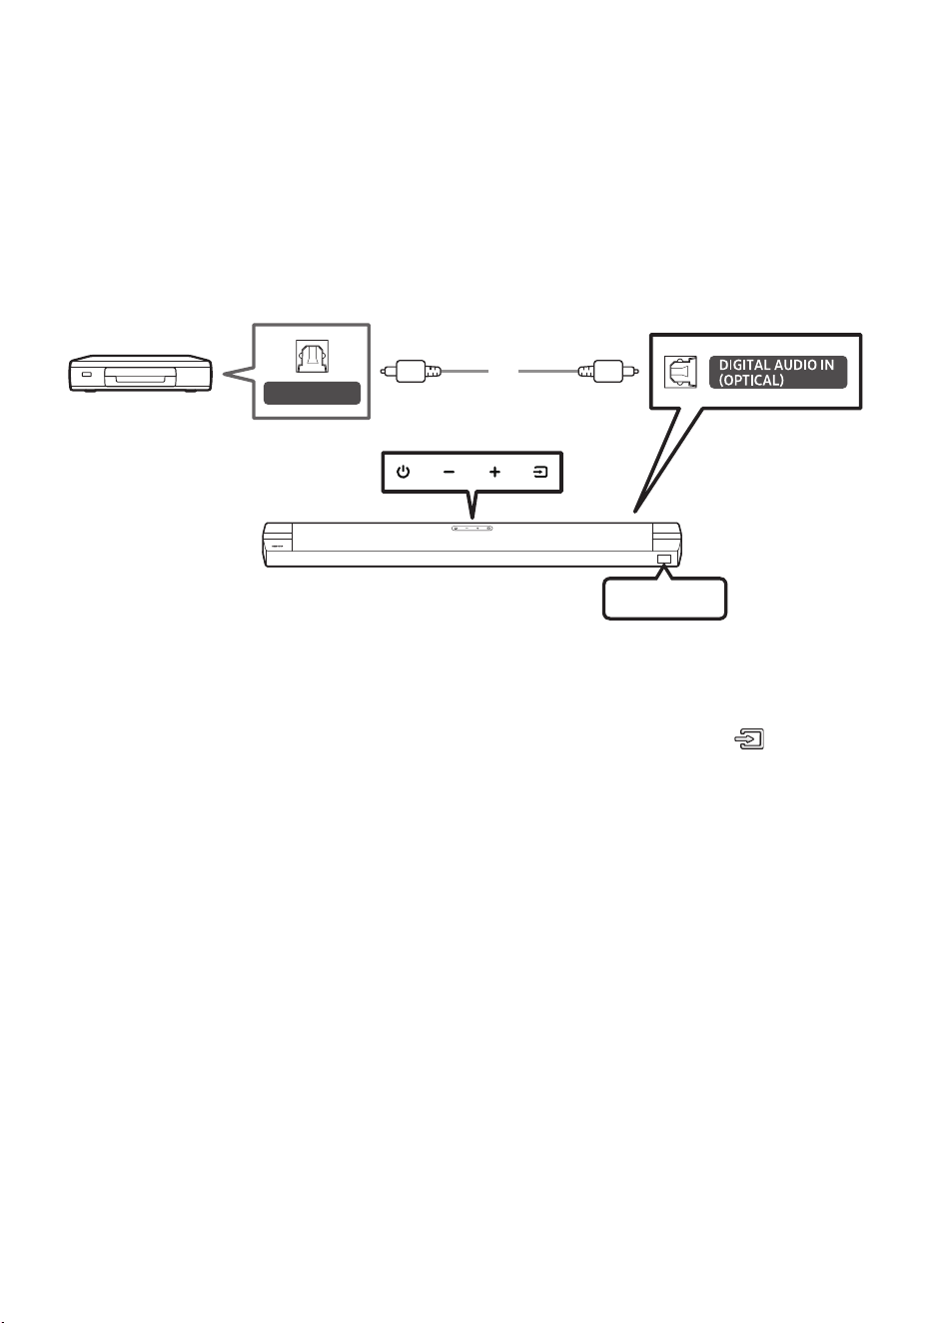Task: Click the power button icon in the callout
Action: point(403,472)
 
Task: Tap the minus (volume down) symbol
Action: point(449,472)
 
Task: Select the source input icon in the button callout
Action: point(540,472)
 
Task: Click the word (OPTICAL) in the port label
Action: point(750,380)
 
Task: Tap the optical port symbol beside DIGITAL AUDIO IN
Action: point(680,372)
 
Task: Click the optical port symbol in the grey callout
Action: point(312,357)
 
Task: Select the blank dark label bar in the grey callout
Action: point(312,394)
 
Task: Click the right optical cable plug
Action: point(608,372)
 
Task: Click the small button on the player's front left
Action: point(87,375)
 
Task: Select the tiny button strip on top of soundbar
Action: point(471,528)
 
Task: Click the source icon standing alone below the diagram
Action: point(749,738)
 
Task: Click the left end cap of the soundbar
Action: point(278,544)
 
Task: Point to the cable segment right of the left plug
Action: point(465,371)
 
